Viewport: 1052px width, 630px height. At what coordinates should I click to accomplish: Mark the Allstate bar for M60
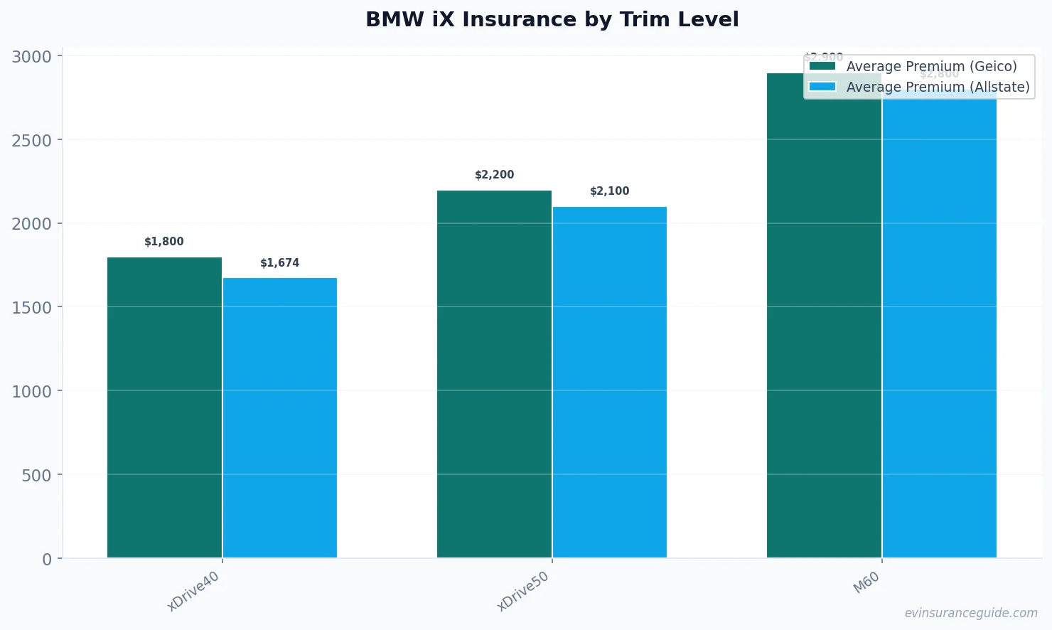(x=939, y=327)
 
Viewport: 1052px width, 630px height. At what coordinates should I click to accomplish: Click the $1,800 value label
(x=164, y=242)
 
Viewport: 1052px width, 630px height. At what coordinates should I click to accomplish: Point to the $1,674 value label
(x=279, y=263)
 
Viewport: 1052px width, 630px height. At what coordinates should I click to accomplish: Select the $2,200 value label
(x=494, y=175)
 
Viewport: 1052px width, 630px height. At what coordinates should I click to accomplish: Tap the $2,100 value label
(x=609, y=191)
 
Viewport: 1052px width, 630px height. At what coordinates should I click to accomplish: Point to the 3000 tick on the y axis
(x=32, y=56)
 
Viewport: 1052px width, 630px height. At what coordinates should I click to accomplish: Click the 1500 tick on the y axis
(x=32, y=308)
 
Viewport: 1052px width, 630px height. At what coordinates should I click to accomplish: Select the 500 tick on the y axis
(x=36, y=475)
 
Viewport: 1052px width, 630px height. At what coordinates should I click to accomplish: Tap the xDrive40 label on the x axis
(x=193, y=591)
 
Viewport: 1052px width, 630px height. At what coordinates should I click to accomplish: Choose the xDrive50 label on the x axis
(x=523, y=591)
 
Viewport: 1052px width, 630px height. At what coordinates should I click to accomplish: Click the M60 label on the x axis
(x=866, y=583)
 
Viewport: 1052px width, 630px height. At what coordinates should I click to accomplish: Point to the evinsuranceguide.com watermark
(x=971, y=613)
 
